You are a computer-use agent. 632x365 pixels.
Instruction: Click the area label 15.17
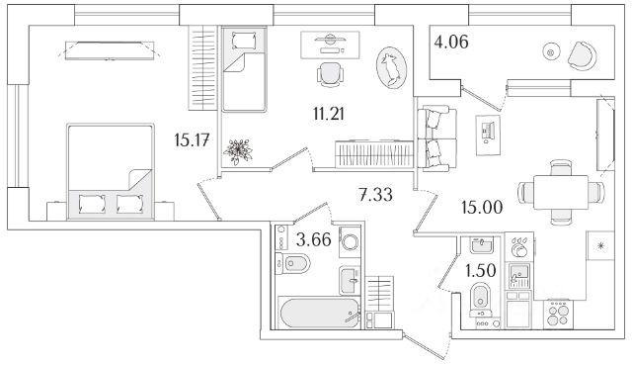pyautogui.click(x=192, y=140)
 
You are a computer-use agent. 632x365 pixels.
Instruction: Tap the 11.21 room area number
pyautogui.click(x=329, y=114)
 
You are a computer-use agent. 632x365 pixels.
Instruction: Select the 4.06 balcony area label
pyautogui.click(x=451, y=42)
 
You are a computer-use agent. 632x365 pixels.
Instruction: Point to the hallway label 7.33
pyautogui.click(x=375, y=195)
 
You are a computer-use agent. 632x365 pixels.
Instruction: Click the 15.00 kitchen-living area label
pyautogui.click(x=482, y=208)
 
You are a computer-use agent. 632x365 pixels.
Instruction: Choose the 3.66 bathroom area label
pyautogui.click(x=314, y=239)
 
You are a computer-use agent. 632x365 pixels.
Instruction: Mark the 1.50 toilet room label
pyautogui.click(x=481, y=271)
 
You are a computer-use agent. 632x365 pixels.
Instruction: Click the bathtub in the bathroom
pyautogui.click(x=319, y=313)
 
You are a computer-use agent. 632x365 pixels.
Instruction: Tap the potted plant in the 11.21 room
pyautogui.click(x=238, y=151)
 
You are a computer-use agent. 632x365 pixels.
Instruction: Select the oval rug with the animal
pyautogui.click(x=391, y=67)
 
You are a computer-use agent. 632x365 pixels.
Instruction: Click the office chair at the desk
pyautogui.click(x=331, y=74)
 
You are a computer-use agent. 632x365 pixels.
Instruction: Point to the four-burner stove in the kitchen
pyautogui.click(x=558, y=315)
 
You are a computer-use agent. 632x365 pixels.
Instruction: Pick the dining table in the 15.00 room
pyautogui.click(x=561, y=192)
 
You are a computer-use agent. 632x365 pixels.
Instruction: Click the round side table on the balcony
pyautogui.click(x=551, y=51)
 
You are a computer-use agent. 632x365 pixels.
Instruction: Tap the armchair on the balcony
pyautogui.click(x=582, y=55)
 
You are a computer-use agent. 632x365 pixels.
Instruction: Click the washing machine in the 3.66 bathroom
pyautogui.click(x=350, y=241)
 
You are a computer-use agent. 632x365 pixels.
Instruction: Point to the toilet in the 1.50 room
pyautogui.click(x=481, y=300)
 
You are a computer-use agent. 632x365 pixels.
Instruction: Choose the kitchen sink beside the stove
pyautogui.click(x=519, y=275)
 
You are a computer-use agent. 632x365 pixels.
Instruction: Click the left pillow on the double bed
pyautogui.click(x=92, y=204)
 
